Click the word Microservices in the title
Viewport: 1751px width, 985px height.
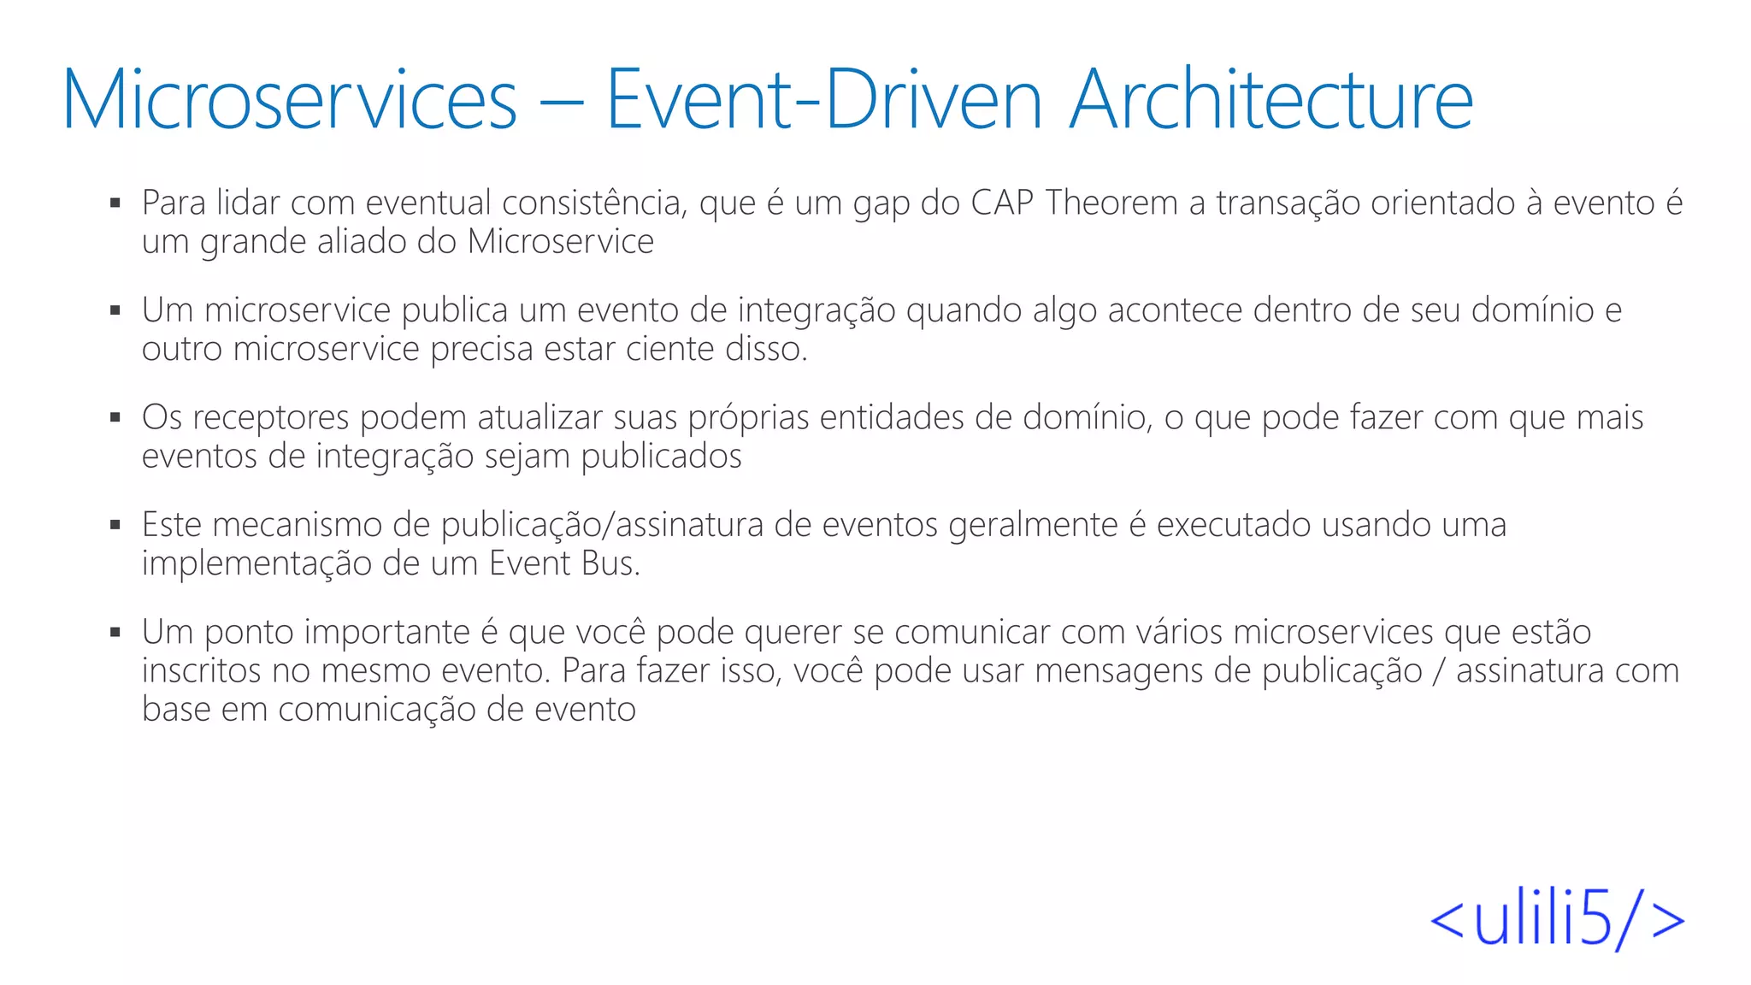tap(290, 100)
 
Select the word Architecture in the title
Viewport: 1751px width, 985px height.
tap(1271, 100)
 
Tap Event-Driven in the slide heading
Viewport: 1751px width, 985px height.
tap(823, 100)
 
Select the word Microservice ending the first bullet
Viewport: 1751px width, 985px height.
tap(560, 242)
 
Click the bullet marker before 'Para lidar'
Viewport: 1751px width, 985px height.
tap(115, 203)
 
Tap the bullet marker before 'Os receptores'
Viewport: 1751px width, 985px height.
tap(115, 418)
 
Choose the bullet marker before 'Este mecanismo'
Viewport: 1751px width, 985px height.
tap(115, 525)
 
